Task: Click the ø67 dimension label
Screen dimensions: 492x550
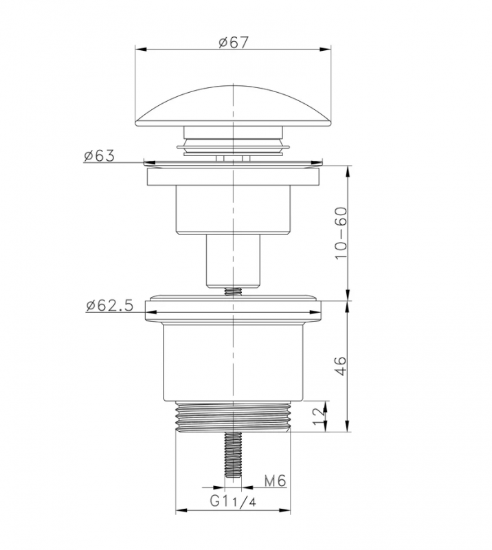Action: pyautogui.click(x=233, y=43)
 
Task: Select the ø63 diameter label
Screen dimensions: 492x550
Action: pyautogui.click(x=99, y=156)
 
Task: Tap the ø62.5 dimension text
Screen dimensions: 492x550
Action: pyautogui.click(x=110, y=305)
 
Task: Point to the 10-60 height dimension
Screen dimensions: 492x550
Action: pyautogui.click(x=341, y=233)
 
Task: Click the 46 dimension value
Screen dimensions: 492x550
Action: pyautogui.click(x=341, y=366)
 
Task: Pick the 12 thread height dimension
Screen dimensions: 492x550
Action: pyautogui.click(x=318, y=417)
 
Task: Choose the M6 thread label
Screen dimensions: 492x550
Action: pyautogui.click(x=276, y=481)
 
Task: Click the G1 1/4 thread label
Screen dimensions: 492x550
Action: pyautogui.click(x=233, y=501)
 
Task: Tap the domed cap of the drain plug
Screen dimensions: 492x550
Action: pyautogui.click(x=233, y=106)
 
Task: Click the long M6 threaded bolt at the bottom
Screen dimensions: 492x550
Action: pyautogui.click(x=233, y=454)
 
